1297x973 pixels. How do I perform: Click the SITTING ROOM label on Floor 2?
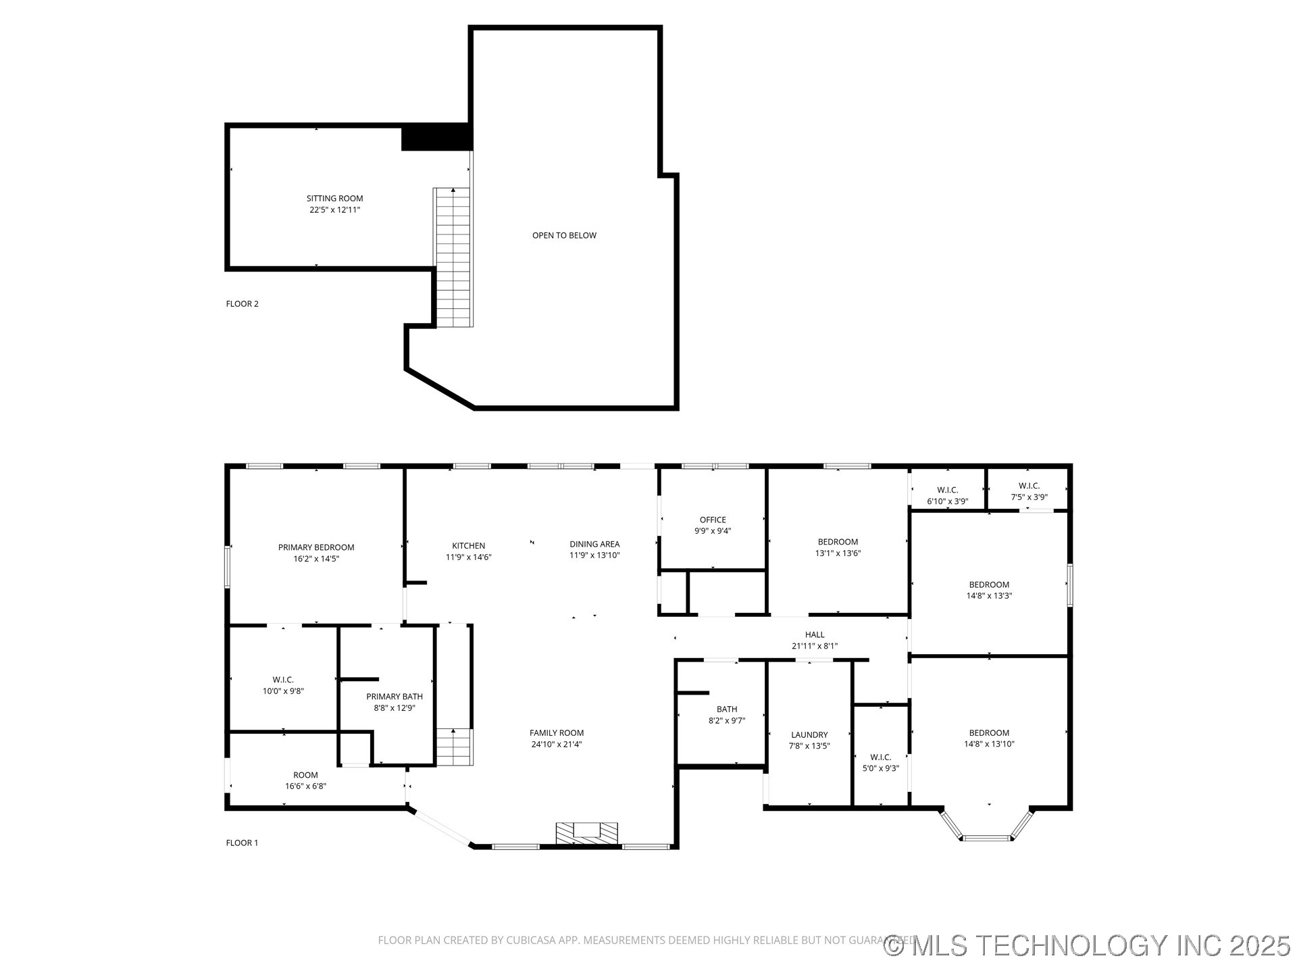pos(335,198)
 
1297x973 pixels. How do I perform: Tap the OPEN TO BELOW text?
pos(564,235)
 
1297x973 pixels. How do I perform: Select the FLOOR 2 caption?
pos(242,303)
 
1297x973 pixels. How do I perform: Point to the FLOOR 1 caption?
pos(242,843)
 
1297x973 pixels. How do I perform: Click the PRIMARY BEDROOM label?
pos(316,547)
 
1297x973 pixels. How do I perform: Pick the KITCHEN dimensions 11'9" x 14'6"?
pos(468,557)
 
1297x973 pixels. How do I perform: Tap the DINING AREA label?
pos(594,544)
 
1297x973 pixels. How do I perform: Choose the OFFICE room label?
pos(713,520)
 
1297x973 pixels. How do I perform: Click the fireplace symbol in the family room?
pos(586,832)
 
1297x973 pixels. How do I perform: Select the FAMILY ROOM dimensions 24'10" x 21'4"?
pos(557,744)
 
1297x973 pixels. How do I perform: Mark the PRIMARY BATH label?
pos(395,697)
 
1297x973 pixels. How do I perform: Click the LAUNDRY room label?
pos(809,734)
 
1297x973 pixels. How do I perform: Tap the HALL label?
pos(815,634)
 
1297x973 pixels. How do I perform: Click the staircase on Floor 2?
pos(453,257)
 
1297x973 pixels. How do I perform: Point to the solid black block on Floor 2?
pos(436,137)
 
